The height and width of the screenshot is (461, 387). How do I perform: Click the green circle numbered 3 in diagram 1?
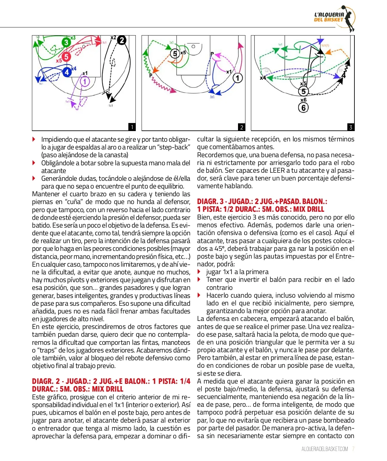(66, 42)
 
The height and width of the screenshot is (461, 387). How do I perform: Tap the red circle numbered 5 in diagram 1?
(66, 57)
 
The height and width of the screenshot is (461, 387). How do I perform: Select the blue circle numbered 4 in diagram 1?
(67, 72)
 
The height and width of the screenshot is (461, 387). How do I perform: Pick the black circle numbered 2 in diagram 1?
(122, 40)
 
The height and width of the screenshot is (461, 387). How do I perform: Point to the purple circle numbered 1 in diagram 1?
(85, 81)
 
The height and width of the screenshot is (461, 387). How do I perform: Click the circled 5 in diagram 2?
(175, 53)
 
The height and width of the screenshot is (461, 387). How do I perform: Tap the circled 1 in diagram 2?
(238, 78)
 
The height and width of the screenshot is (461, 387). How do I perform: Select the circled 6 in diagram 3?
(303, 108)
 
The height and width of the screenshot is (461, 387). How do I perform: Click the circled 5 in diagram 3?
(303, 91)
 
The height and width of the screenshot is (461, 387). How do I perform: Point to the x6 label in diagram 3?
(303, 100)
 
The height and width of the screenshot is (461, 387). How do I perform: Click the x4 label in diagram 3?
(263, 78)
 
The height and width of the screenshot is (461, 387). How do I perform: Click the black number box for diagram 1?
(132, 127)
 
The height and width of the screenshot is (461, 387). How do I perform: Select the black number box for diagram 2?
(242, 127)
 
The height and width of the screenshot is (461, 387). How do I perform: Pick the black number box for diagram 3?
(351, 127)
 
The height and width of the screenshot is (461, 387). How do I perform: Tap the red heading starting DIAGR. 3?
(262, 205)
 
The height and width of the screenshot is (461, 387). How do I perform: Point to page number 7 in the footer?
(353, 449)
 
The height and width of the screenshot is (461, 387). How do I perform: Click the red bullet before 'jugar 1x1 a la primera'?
(199, 272)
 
